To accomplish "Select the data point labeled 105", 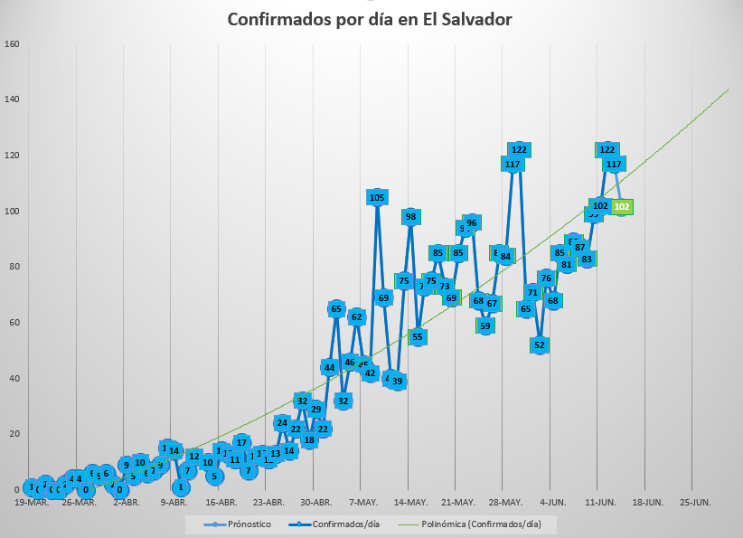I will (377, 197).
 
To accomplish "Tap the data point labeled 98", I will (410, 216).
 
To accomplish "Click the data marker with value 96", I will (471, 222).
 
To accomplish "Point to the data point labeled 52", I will (540, 345).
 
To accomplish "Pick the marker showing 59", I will (485, 326).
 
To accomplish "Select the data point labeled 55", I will (417, 336).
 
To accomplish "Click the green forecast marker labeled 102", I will (622, 206).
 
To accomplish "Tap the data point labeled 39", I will (397, 382).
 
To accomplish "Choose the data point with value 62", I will (356, 316).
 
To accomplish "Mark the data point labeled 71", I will (532, 292).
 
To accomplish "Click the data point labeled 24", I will (282, 422).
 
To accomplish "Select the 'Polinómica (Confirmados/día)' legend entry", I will (475, 524).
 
